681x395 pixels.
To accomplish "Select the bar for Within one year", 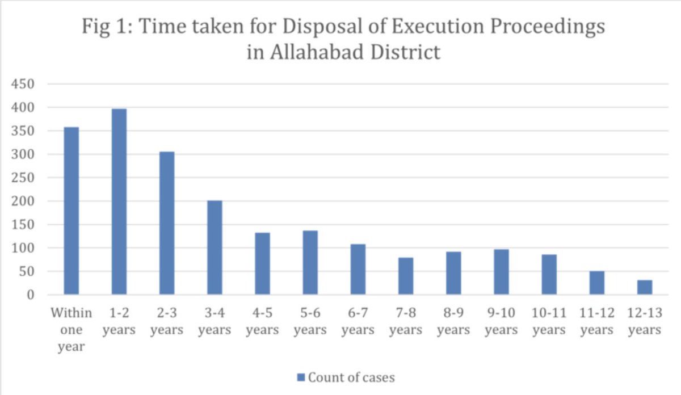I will click(72, 211).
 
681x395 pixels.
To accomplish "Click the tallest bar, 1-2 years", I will click(119, 201).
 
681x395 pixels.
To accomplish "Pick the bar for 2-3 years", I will click(167, 223).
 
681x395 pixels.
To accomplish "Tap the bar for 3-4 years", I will click(215, 247).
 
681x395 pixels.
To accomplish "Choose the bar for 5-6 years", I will click(310, 262).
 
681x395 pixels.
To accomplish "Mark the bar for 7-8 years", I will click(406, 276).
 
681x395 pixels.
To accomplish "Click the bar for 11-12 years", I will click(597, 283).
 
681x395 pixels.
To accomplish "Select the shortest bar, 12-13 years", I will click(645, 287).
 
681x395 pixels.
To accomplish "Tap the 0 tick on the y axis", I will click(31, 295).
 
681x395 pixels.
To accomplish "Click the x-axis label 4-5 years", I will click(262, 322).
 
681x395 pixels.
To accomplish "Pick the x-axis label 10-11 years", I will click(549, 322).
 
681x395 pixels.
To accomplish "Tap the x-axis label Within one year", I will click(72, 330).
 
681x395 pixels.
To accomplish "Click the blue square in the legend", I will click(301, 377).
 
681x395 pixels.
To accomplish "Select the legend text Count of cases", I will click(351, 377).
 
